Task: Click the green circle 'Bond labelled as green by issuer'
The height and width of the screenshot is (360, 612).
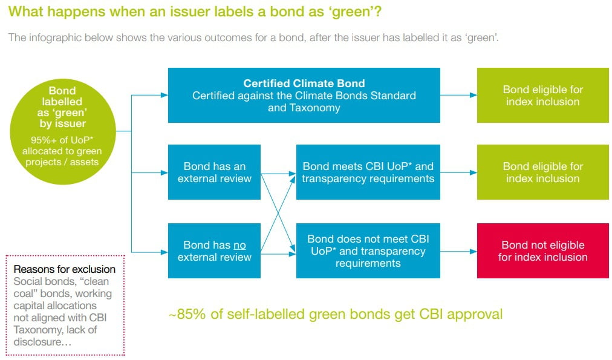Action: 62,131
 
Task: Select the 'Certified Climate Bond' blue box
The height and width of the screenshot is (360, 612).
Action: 304,95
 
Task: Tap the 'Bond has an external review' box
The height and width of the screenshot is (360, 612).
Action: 214,172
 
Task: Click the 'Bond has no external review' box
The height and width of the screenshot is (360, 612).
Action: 214,250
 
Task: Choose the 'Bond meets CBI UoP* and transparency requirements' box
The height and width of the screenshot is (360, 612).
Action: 368,172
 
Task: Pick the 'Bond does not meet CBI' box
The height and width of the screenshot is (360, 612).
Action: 368,250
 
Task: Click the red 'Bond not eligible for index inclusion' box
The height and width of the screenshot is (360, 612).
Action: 543,250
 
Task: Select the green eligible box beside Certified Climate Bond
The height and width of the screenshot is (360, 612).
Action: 543,95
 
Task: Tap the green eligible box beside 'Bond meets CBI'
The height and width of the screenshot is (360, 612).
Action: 543,172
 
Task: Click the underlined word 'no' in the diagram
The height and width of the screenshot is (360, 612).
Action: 239,246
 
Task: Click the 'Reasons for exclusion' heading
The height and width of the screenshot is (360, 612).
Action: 64,269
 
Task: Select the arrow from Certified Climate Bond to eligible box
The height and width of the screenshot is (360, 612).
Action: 458,95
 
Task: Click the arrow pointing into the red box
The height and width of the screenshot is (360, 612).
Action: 458,252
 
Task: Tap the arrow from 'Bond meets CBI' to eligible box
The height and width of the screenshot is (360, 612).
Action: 458,172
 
